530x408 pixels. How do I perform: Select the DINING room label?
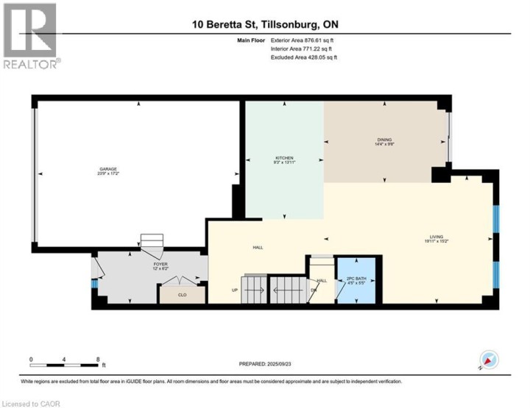click(x=384, y=142)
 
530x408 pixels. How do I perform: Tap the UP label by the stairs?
click(x=235, y=290)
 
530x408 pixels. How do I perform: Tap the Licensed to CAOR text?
click(x=32, y=403)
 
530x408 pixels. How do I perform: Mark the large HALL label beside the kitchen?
click(x=258, y=247)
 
